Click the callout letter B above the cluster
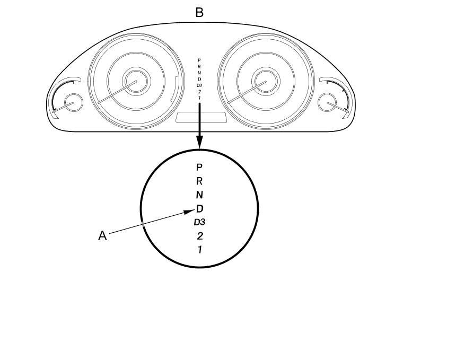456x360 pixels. click(x=199, y=12)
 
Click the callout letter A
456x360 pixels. click(x=103, y=236)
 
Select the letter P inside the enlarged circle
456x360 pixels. click(x=199, y=167)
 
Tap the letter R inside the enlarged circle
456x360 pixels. click(x=199, y=181)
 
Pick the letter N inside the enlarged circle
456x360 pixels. click(x=199, y=195)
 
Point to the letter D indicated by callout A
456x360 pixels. click(x=200, y=208)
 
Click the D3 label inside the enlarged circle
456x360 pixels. click(x=199, y=222)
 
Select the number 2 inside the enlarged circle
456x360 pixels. click(x=199, y=236)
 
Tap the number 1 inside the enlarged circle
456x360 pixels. click(x=199, y=250)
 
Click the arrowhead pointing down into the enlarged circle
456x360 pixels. click(x=199, y=142)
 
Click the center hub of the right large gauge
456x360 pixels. click(x=261, y=83)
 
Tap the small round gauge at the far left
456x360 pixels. click(x=73, y=102)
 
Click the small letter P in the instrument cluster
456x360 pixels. click(x=199, y=60)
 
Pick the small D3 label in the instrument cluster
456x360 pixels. click(x=199, y=85)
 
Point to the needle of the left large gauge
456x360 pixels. click(x=115, y=93)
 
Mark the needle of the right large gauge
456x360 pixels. click(x=244, y=93)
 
